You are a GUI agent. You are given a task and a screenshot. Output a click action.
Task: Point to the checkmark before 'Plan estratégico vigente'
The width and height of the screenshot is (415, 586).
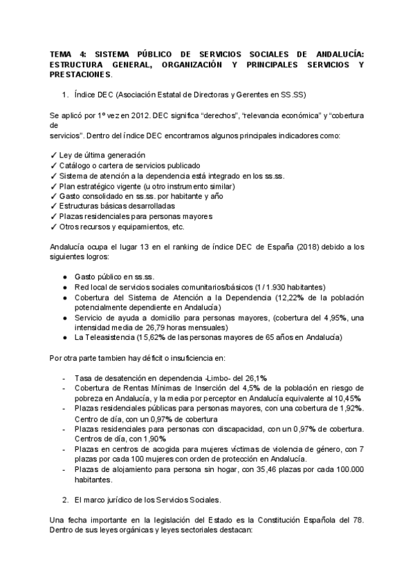pos(54,186)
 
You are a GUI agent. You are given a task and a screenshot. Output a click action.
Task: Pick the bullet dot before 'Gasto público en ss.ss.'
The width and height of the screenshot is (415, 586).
pos(64,276)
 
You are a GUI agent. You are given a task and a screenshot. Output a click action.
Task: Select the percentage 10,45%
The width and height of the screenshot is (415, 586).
pos(349,398)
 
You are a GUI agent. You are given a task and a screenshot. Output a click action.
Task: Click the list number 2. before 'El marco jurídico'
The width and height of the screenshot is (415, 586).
pos(65,498)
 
